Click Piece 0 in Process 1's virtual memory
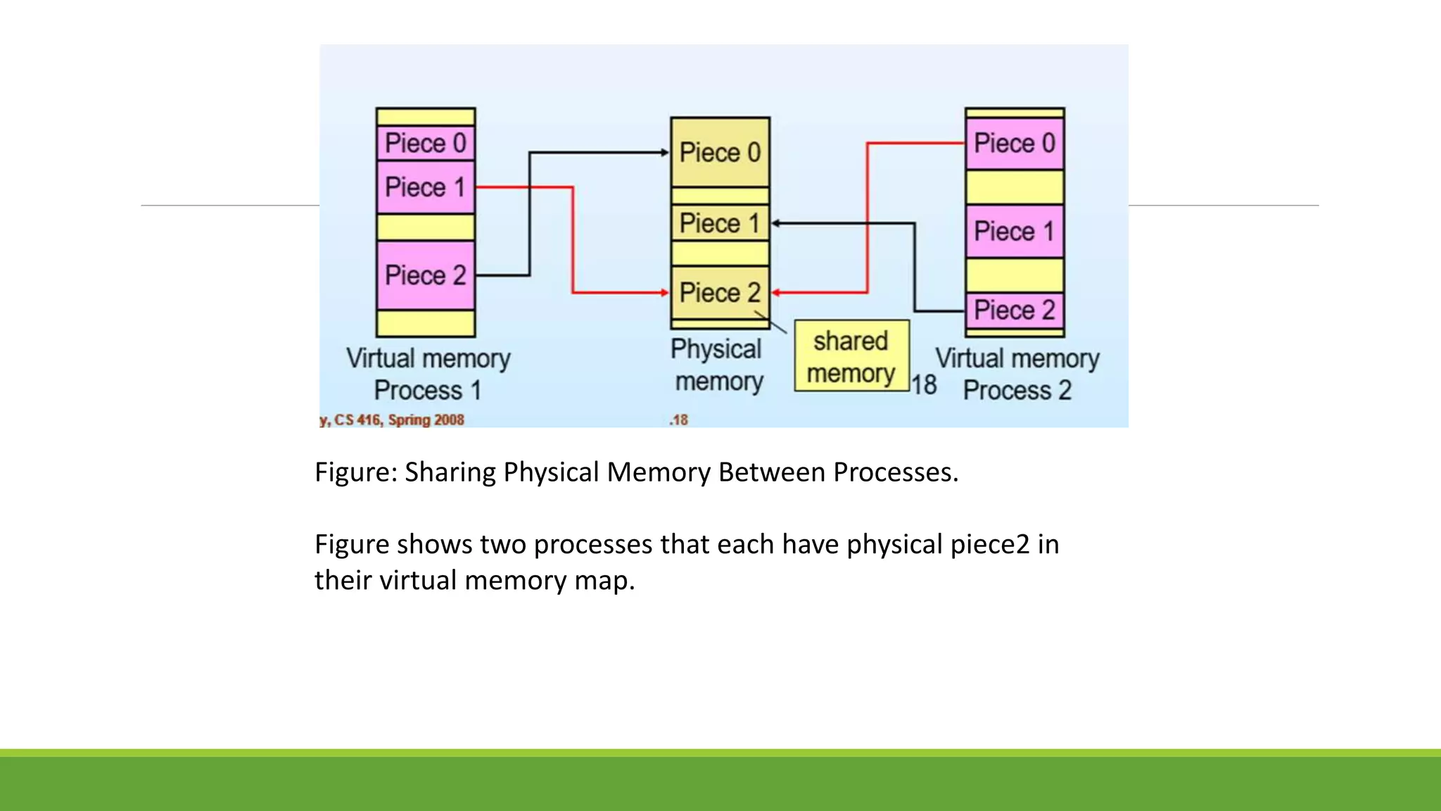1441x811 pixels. (x=426, y=144)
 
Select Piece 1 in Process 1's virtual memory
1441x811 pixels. (x=426, y=188)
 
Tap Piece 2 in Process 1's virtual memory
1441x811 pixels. (x=426, y=275)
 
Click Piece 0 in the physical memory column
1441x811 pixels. (x=720, y=153)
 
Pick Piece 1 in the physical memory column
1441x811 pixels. (x=720, y=224)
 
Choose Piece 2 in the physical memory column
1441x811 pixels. (x=720, y=293)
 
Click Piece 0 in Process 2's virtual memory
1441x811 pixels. (x=1014, y=144)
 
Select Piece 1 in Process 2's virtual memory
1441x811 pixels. (x=1014, y=232)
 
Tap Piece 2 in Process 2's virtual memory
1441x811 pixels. (x=1014, y=310)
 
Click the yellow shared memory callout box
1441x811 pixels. (x=851, y=356)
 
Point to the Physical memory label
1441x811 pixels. (x=717, y=365)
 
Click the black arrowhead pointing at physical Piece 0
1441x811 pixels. (x=664, y=152)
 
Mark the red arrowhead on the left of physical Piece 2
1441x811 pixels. (x=664, y=292)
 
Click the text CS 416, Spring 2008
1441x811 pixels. (x=399, y=420)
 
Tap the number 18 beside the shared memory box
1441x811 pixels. (x=925, y=385)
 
